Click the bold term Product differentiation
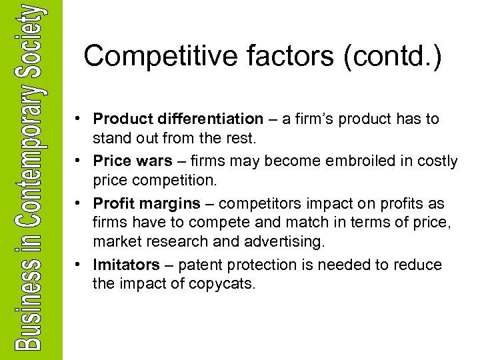pos(178,119)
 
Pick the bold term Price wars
pos(131,161)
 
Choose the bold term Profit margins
pos(147,203)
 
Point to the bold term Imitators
pos(127,265)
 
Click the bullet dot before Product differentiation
pos(79,119)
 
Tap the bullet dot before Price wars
pos(79,161)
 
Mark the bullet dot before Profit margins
pos(79,203)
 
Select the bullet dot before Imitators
pos(79,265)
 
